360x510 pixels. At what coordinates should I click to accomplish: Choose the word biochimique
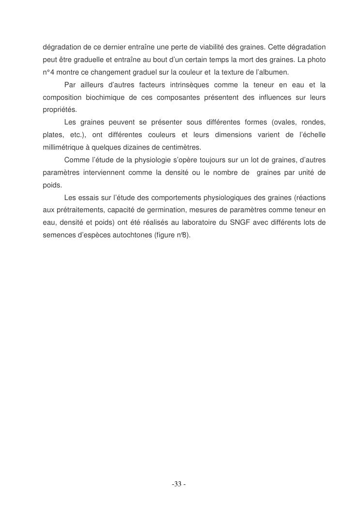[x=99, y=97]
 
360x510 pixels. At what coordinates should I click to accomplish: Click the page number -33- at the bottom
[x=179, y=484]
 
